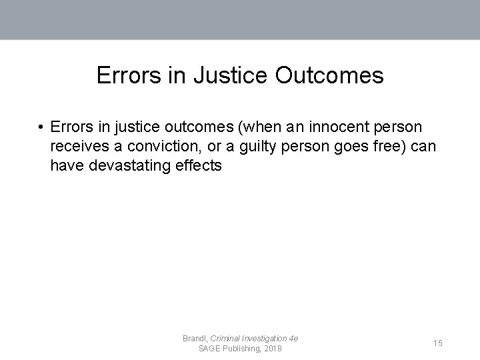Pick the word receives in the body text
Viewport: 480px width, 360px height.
pos(76,146)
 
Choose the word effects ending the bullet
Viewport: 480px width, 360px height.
pos(197,165)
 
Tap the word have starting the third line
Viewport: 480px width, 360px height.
pos(65,165)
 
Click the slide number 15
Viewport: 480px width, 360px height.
pos(437,343)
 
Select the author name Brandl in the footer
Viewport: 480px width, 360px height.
pos(194,339)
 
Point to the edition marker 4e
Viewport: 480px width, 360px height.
pos(293,339)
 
